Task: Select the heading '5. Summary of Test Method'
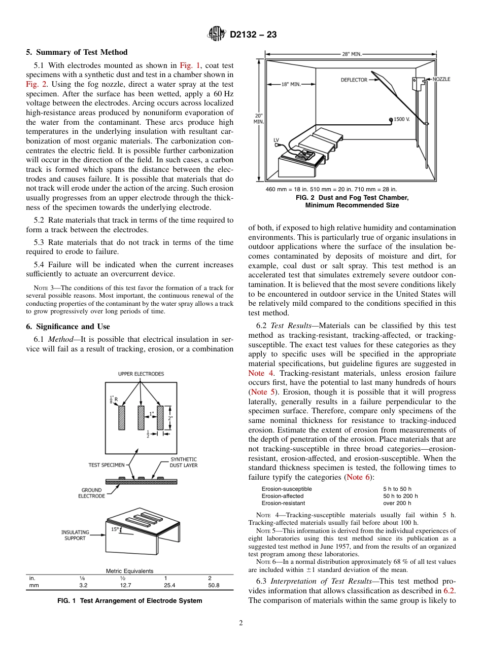77,52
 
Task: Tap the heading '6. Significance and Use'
68,327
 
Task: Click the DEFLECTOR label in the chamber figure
354,80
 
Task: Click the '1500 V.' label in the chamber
401,119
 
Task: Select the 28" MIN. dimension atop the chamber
352,54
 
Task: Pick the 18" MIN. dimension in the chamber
291,84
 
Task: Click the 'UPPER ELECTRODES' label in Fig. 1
141,374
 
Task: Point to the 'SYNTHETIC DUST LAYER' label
184,462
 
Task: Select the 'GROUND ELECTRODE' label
91,493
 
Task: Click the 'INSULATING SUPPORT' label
75,535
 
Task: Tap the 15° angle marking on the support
115,529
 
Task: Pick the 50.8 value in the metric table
214,585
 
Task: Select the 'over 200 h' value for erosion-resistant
397,503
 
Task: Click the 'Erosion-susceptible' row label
287,489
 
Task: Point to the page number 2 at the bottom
240,623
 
